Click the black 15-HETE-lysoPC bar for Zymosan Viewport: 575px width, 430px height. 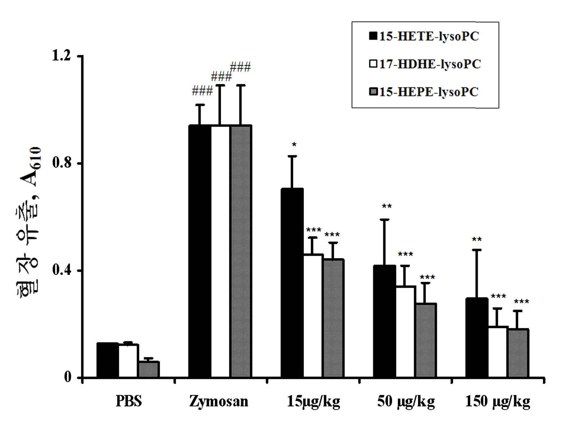tap(200, 251)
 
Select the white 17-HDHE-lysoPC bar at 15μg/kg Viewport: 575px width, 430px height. tap(313, 316)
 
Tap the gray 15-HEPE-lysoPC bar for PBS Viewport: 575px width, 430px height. tap(149, 369)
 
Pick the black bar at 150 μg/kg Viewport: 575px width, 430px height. tap(477, 338)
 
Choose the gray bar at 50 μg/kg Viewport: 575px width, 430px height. tap(426, 341)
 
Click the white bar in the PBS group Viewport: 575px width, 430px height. tap(128, 361)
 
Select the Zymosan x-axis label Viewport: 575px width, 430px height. tap(219, 401)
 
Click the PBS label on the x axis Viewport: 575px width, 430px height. tap(129, 401)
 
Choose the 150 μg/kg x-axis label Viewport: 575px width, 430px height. tap(498, 402)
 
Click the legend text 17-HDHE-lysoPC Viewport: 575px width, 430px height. tap(430, 64)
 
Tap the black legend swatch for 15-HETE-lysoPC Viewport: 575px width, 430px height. tap(373, 36)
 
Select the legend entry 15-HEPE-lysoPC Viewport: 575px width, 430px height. tap(424, 92)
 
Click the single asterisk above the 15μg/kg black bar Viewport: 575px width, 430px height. tap(294, 145)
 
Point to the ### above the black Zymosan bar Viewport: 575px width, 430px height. tap(202, 91)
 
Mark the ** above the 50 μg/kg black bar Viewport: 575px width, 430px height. tap(387, 206)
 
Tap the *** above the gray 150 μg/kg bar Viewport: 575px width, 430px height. tap(521, 302)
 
